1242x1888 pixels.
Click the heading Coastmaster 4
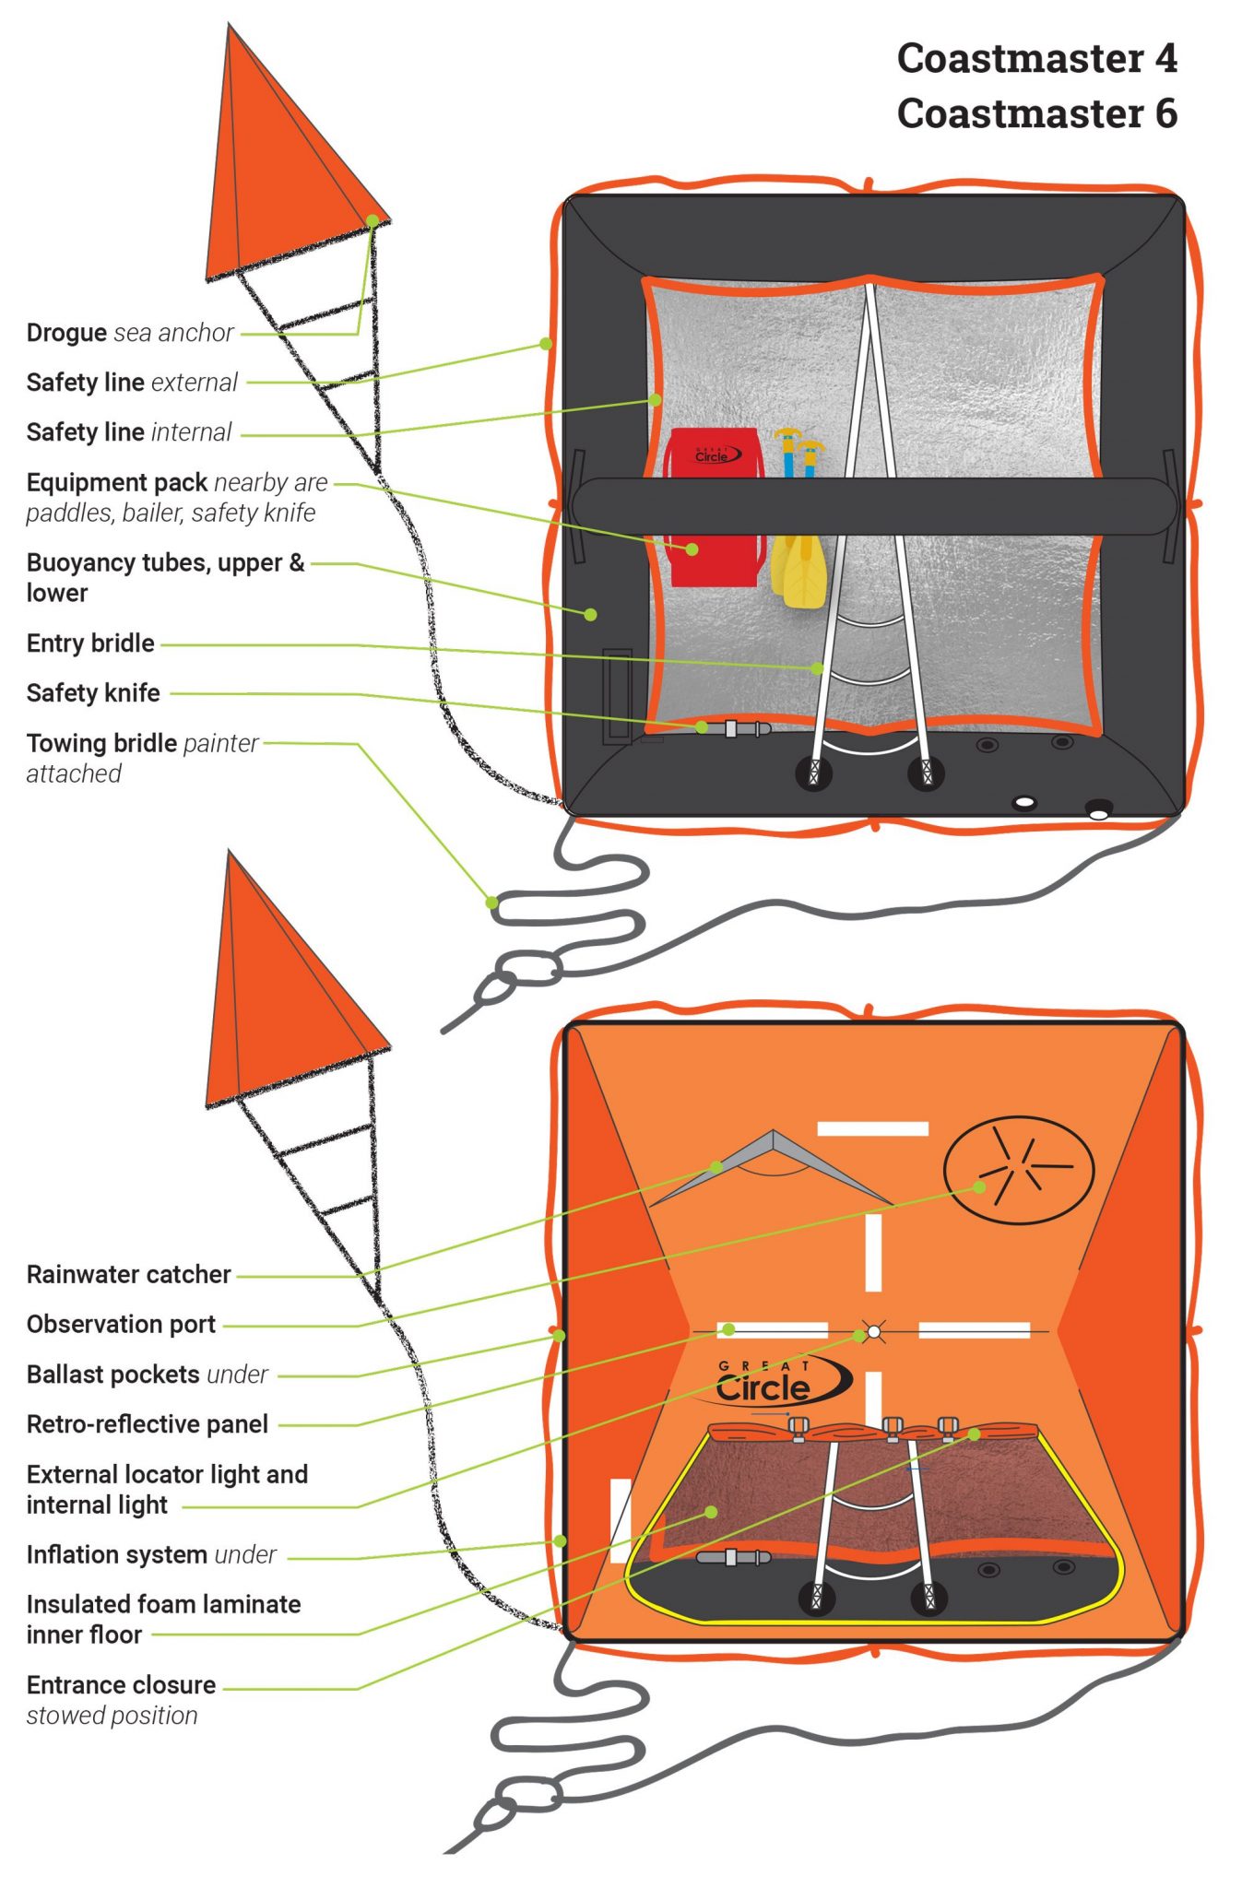pyautogui.click(x=1036, y=59)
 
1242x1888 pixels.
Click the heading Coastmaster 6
pyautogui.click(x=1036, y=114)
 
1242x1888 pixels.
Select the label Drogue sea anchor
pyautogui.click(x=130, y=333)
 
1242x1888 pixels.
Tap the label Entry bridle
pyautogui.click(x=90, y=643)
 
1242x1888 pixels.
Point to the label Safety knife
pyautogui.click(x=93, y=693)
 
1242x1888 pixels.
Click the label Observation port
pyautogui.click(x=121, y=1325)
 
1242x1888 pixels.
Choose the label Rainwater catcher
pyautogui.click(x=128, y=1275)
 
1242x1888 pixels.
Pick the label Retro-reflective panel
pyautogui.click(x=147, y=1424)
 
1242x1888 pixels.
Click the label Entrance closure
pyautogui.click(x=121, y=1685)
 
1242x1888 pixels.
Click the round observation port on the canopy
pyautogui.click(x=1018, y=1170)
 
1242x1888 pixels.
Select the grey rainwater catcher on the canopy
pyautogui.click(x=773, y=1166)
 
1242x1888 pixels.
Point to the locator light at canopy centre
pyautogui.click(x=873, y=1331)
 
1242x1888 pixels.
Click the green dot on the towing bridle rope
pyautogui.click(x=492, y=903)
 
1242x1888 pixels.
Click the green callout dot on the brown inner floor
pyautogui.click(x=711, y=1512)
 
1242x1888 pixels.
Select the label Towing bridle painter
pyautogui.click(x=142, y=744)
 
